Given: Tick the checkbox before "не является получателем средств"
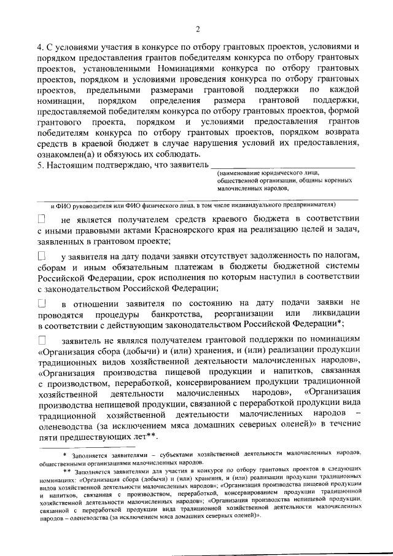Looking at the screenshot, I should [x=41, y=219].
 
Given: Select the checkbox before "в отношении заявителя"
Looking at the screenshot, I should [x=41, y=302].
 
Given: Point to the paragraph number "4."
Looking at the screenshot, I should [x=41, y=47].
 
